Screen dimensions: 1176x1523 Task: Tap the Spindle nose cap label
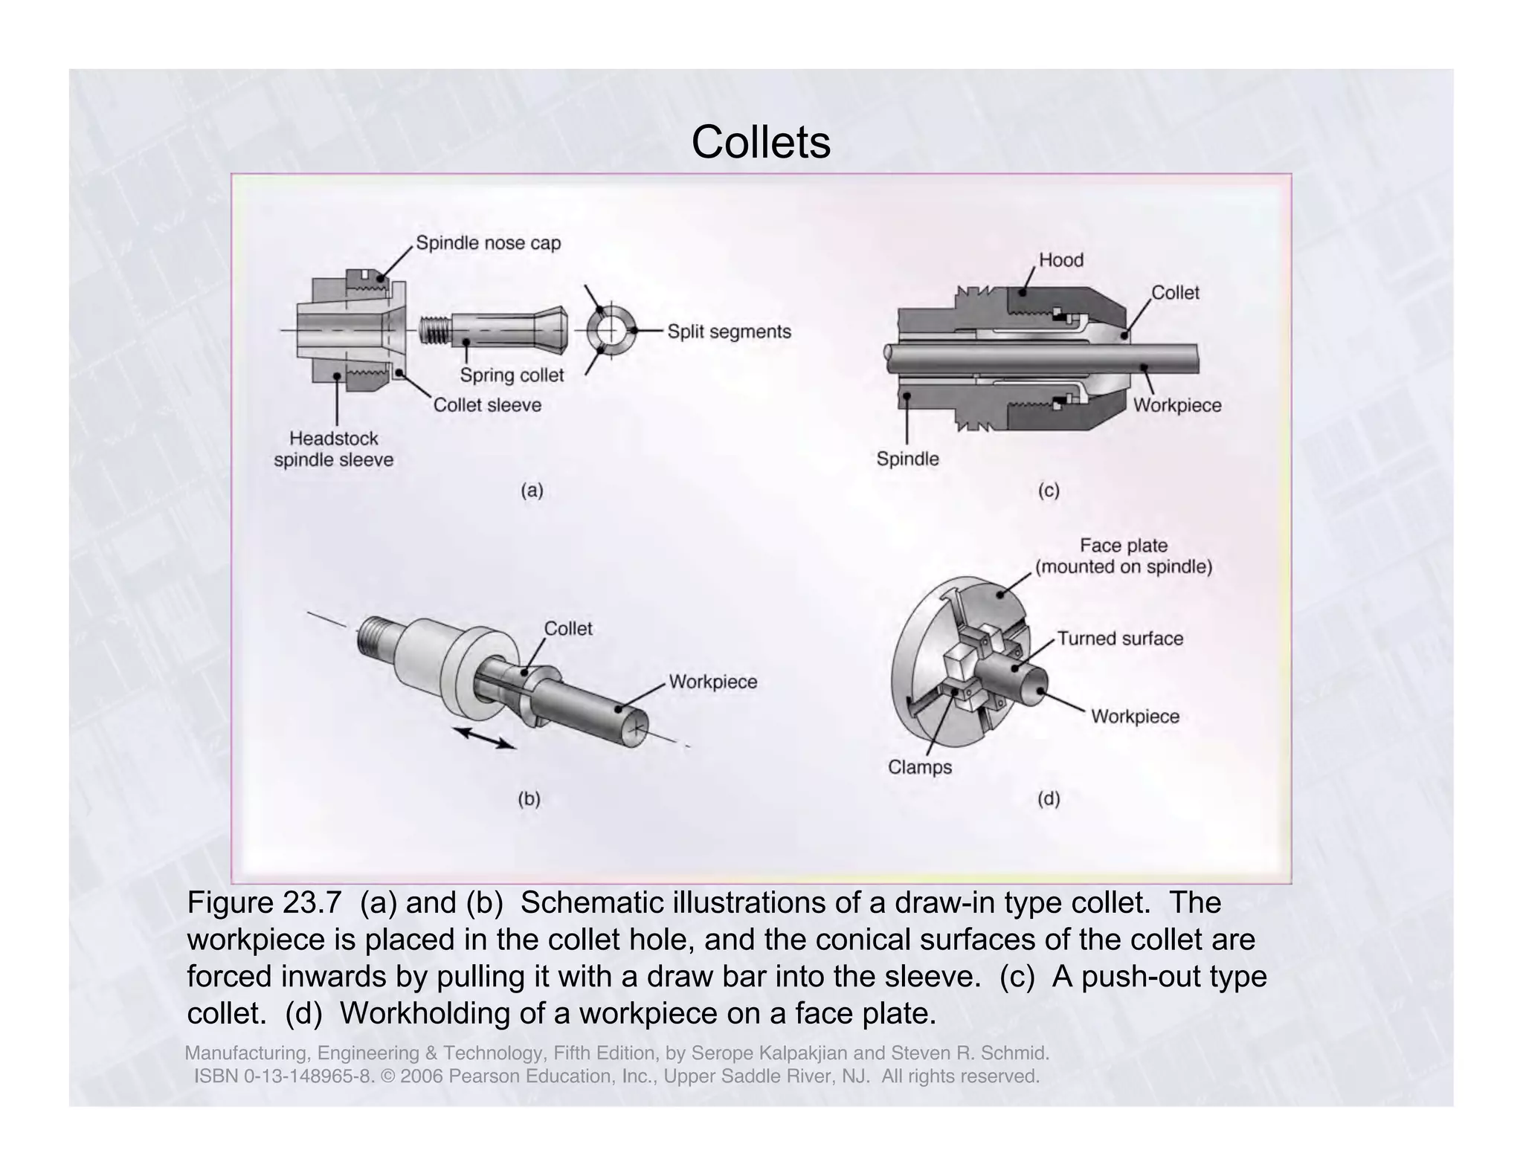coord(488,243)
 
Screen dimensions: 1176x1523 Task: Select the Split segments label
coord(729,332)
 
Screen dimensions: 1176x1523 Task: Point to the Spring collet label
coord(512,375)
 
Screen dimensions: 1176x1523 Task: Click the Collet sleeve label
coord(487,405)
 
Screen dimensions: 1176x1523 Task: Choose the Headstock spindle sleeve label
coord(334,449)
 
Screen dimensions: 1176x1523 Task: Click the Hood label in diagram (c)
coord(1060,260)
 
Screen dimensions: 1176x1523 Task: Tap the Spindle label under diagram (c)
coord(907,459)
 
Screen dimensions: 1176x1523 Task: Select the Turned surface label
coord(1120,639)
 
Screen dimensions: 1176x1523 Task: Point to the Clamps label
coord(920,767)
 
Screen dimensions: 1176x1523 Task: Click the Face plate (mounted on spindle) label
coord(1124,556)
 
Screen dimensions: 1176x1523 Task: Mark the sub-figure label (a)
coord(532,491)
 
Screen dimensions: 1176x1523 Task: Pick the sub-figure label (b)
coord(529,799)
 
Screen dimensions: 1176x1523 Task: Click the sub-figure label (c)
coord(1049,491)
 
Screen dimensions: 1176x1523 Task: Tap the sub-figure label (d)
coord(1049,799)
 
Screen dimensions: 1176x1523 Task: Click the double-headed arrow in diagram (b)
coord(484,738)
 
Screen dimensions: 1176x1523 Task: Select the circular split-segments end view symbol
coord(611,330)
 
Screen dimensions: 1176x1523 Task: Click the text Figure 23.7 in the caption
coord(264,903)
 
